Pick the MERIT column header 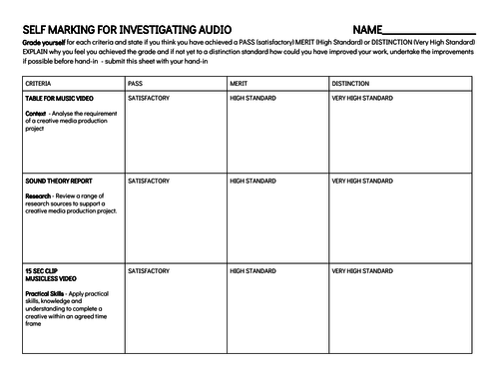coord(240,84)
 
